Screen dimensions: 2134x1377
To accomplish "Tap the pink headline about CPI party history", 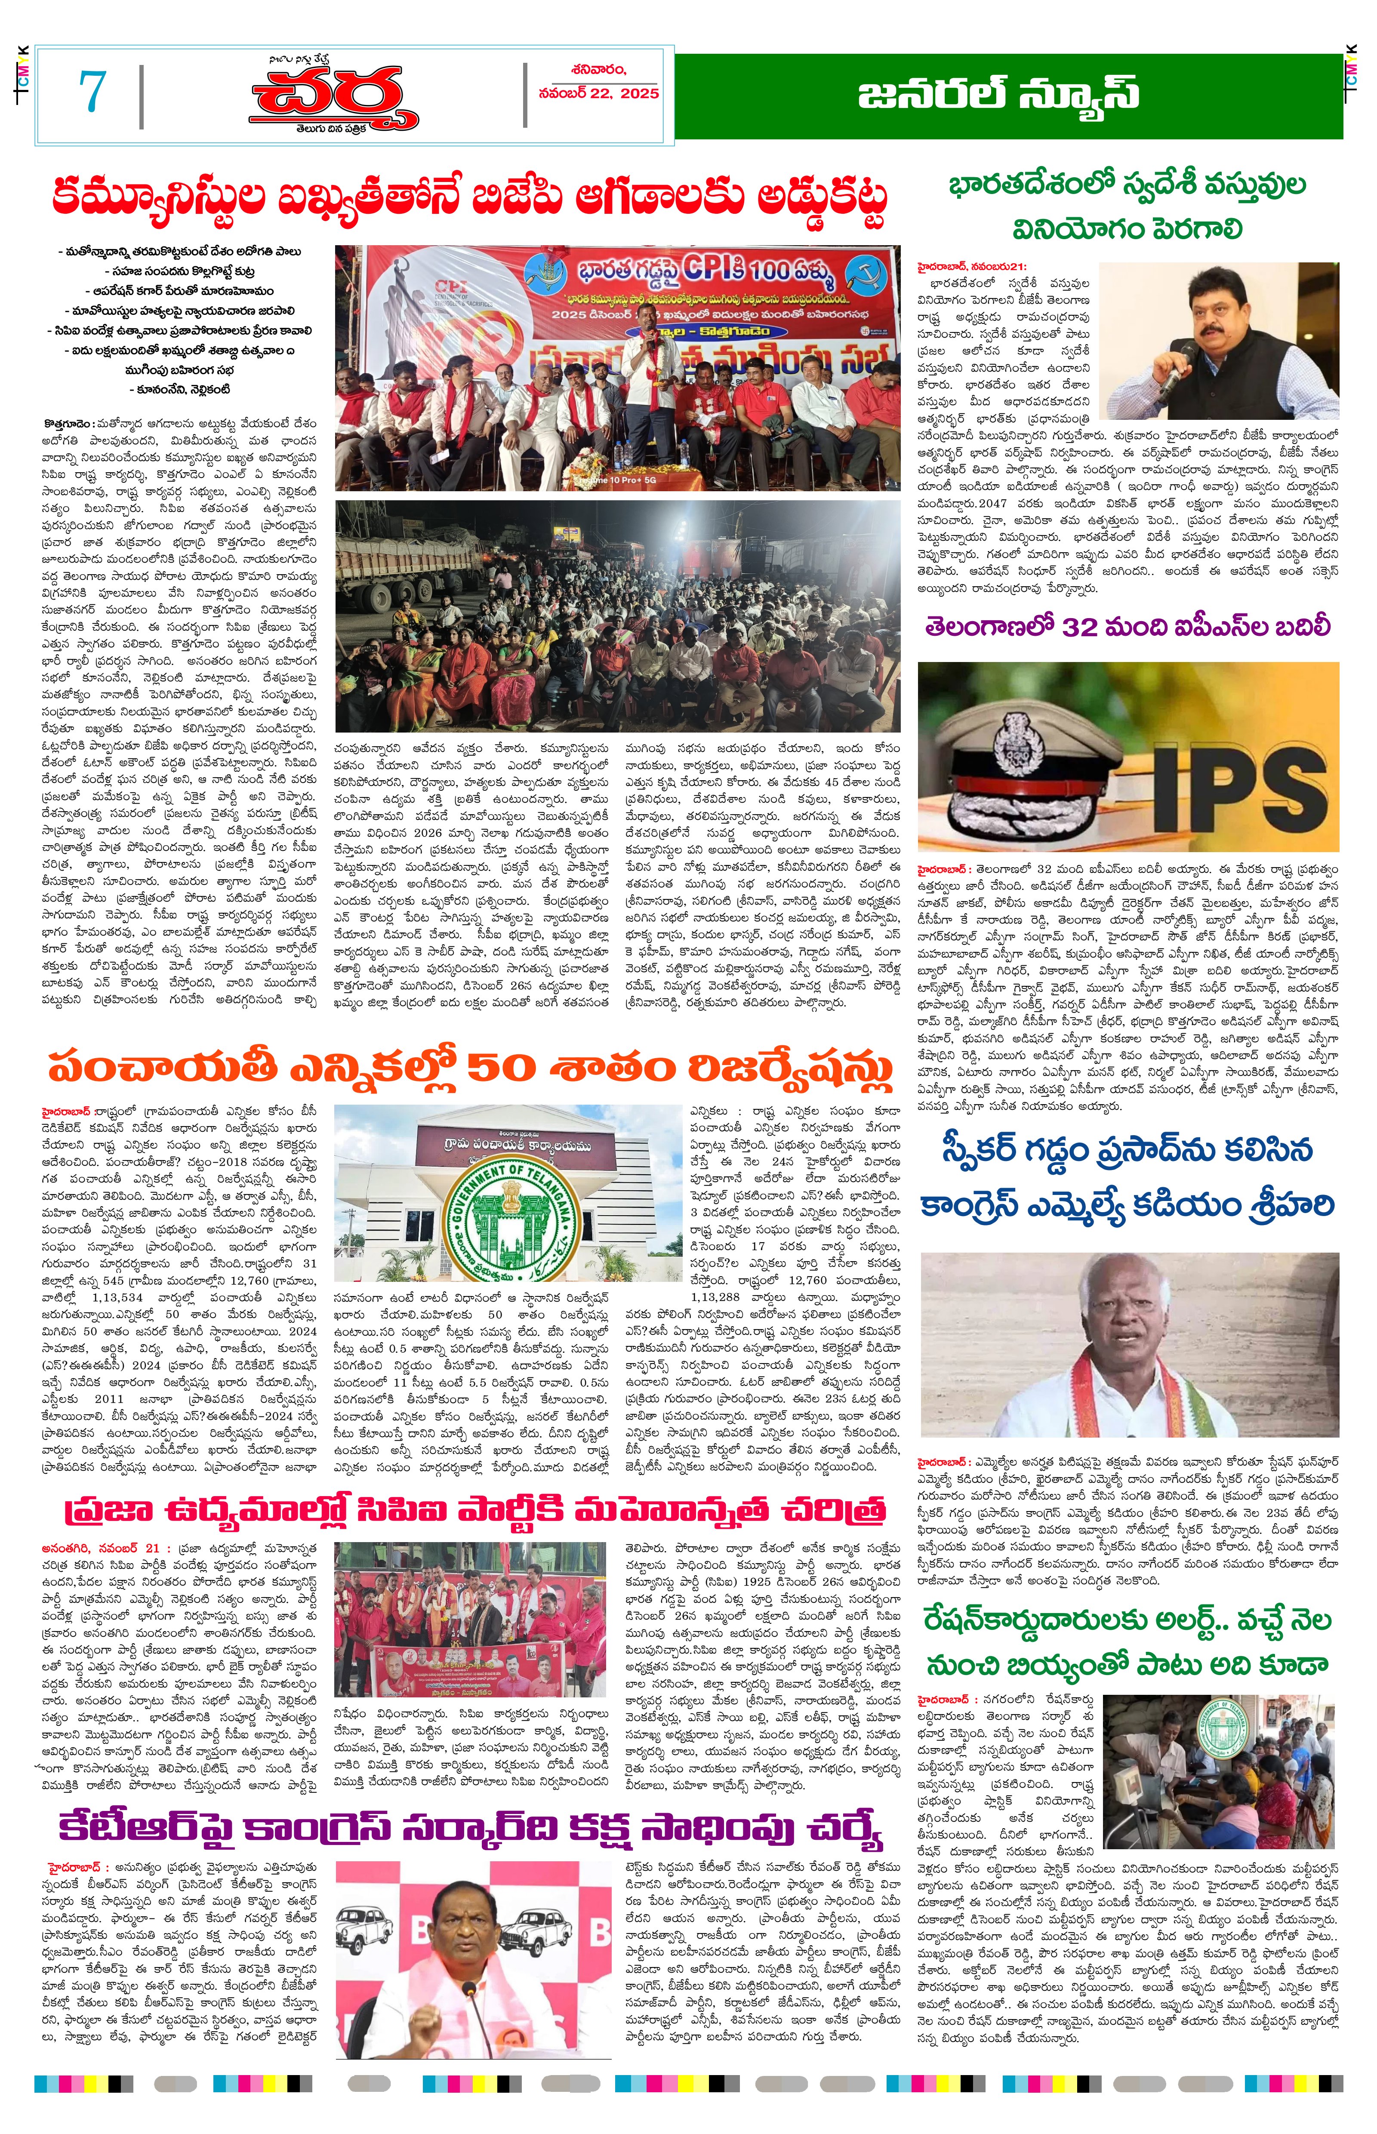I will [x=474, y=1509].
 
